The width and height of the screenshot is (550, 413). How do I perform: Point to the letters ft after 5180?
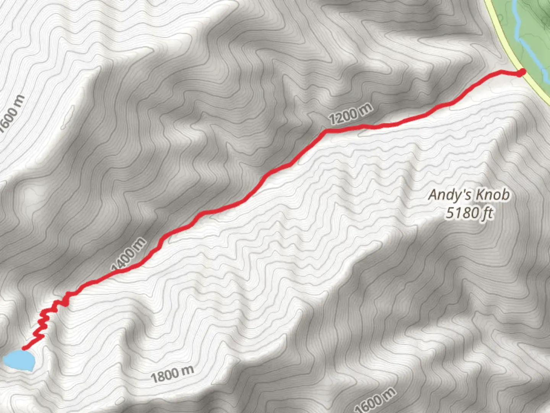tap(487, 213)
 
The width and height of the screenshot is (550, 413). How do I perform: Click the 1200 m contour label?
tap(351, 114)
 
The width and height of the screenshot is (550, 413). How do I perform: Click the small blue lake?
tap(18, 360)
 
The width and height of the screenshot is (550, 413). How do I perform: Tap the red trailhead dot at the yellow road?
tap(521, 72)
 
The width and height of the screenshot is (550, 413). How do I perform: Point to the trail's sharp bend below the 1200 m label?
tap(326, 131)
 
